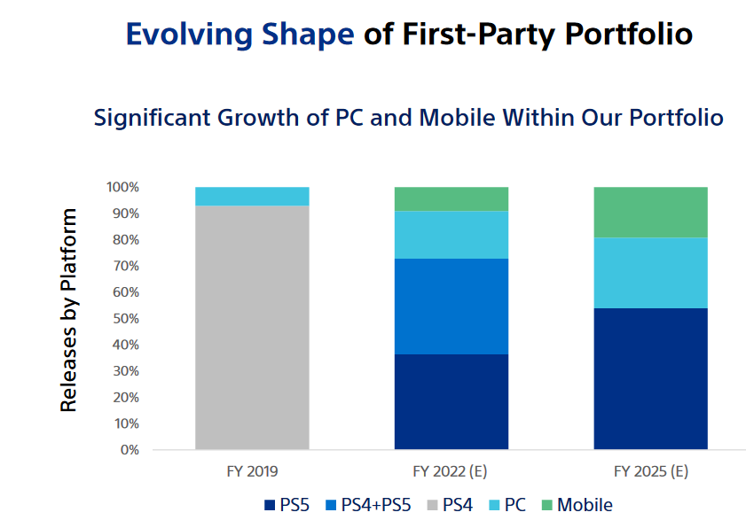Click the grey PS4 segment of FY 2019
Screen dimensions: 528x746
pos(252,328)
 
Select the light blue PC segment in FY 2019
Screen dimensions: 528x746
pos(252,196)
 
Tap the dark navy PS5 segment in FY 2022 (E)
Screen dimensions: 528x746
pos(451,401)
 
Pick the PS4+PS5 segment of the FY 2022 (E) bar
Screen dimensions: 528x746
pos(451,307)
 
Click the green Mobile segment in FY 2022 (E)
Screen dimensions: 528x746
pos(451,198)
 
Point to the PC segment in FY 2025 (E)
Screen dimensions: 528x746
pos(650,273)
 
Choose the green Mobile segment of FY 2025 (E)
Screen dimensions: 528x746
pos(650,213)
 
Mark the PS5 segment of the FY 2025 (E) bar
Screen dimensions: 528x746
pos(650,378)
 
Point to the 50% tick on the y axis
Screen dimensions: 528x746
pos(123,318)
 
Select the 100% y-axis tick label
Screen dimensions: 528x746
pos(122,188)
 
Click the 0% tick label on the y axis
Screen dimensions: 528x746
pos(129,449)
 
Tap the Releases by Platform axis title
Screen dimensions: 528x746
pos(69,310)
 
